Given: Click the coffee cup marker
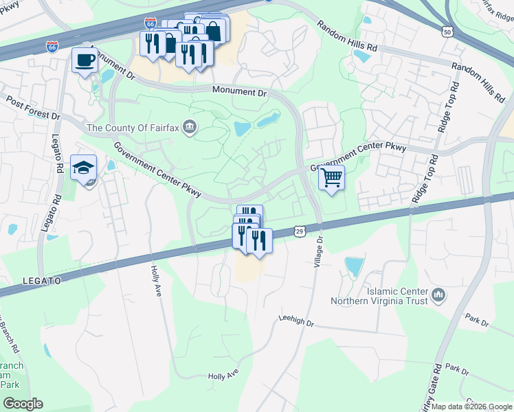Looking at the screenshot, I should (85, 60).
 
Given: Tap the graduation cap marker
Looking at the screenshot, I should (83, 168).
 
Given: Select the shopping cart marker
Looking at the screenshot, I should (331, 179).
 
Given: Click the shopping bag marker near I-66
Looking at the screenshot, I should (214, 30).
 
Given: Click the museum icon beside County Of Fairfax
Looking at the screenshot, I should (191, 128).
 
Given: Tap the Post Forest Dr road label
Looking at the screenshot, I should (33, 107).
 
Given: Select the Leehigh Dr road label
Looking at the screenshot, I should (296, 320).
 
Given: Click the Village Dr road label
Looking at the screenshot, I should (318, 253).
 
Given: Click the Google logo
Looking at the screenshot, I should (23, 404).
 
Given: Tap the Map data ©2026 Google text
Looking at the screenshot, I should (471, 407).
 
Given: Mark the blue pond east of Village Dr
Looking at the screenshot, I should (354, 266).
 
